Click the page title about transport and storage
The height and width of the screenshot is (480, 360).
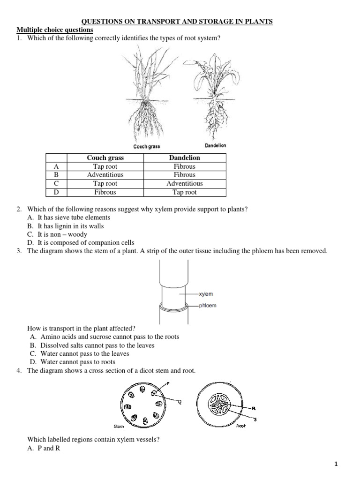[x=177, y=22]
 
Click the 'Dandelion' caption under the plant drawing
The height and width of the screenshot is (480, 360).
[x=215, y=145]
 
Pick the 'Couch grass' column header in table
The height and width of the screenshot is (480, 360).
[x=105, y=158]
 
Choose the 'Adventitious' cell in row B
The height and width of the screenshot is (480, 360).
[x=105, y=175]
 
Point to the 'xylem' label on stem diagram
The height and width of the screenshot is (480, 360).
[x=206, y=294]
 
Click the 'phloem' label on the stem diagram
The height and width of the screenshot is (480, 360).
[x=207, y=306]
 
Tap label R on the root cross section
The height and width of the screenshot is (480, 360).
[x=254, y=408]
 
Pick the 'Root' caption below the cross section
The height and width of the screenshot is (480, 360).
[x=241, y=426]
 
